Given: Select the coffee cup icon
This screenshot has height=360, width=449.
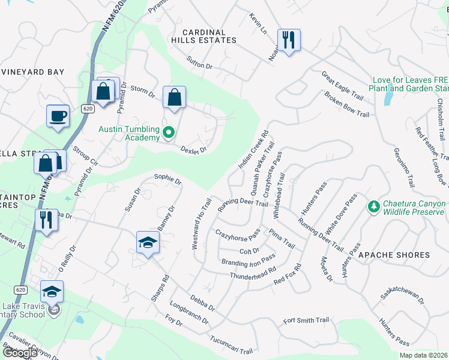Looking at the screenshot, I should point(58,116).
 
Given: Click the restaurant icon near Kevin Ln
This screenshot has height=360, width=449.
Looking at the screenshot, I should point(289,40).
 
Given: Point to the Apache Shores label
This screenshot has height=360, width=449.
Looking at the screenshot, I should point(394,255).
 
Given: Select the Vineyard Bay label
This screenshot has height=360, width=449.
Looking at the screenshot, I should point(32,72).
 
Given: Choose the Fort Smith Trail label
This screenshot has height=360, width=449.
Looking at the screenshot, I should point(307,320).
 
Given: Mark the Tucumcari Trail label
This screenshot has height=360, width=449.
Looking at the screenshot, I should point(234,344).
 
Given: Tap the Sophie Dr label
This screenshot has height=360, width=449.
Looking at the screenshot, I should point(167,178).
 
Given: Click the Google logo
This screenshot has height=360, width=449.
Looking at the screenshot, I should point(20,353).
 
